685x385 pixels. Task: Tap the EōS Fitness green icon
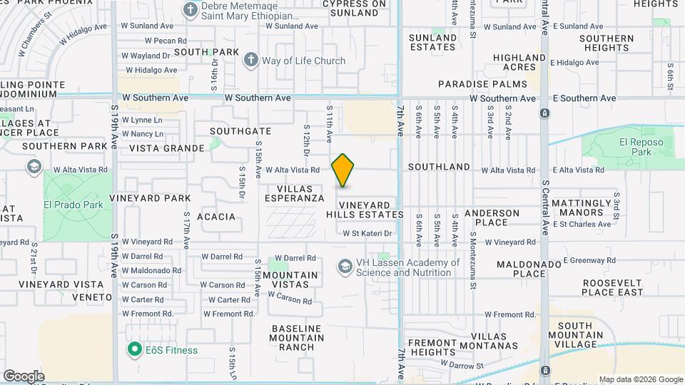(133, 350)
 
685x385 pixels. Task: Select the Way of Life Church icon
(250, 61)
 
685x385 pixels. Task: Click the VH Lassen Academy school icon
(345, 267)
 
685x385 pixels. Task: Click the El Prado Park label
(73, 205)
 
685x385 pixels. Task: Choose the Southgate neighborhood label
(240, 131)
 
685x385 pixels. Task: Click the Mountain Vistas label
(290, 279)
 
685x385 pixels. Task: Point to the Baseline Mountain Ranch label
(298, 338)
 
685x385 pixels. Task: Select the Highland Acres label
(519, 63)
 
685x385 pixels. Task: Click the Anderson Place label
(492, 217)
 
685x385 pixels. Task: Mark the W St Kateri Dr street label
(367, 233)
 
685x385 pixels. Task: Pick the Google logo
(24, 376)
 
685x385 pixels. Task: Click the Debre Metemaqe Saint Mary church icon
(191, 9)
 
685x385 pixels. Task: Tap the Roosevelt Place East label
(602, 287)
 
